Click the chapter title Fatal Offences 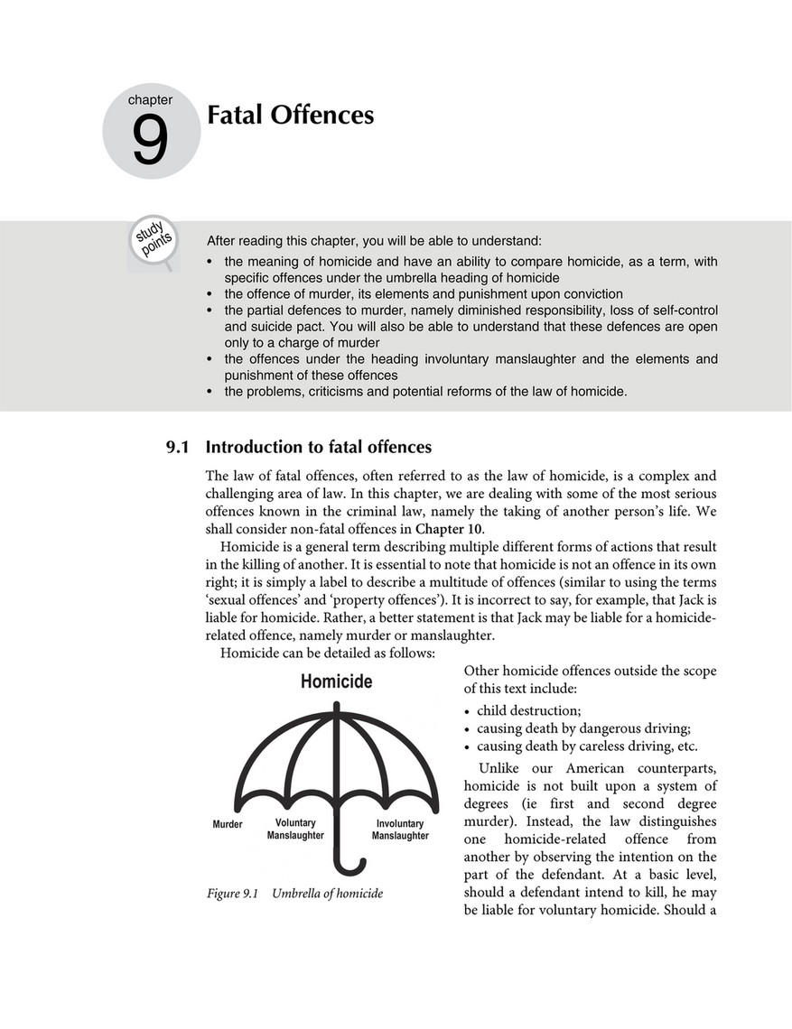[290, 116]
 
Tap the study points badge [154, 241]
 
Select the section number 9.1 [177, 447]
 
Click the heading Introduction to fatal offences [319, 447]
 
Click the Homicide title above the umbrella [336, 681]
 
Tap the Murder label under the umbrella [227, 824]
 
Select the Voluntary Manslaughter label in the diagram [295, 830]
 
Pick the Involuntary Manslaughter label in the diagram [400, 830]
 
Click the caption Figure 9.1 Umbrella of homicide [294, 894]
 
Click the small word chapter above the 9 [150, 100]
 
